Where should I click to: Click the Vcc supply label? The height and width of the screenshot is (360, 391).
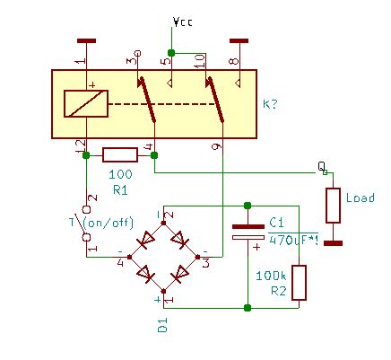(183, 22)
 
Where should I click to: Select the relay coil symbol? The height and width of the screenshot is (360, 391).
(86, 103)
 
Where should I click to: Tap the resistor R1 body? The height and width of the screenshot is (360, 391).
(120, 155)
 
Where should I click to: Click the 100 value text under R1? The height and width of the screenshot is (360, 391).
(120, 174)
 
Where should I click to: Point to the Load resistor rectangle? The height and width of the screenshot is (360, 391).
(333, 206)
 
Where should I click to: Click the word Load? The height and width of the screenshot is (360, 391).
(361, 198)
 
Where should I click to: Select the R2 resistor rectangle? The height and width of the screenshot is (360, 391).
(299, 283)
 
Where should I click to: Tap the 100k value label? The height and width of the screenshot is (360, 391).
(271, 276)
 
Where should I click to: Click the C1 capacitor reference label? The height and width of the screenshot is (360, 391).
(276, 223)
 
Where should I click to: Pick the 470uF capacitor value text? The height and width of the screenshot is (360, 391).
(293, 241)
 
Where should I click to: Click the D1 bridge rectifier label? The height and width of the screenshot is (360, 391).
(162, 325)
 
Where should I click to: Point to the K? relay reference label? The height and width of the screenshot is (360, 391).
(271, 104)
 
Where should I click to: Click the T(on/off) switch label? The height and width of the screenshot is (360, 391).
(101, 223)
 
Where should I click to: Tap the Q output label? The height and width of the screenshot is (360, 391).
(321, 167)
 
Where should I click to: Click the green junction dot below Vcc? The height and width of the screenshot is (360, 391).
(171, 53)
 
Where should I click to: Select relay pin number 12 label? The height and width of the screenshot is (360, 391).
(80, 147)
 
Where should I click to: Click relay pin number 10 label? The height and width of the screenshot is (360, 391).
(200, 61)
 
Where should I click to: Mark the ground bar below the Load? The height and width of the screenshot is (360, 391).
(333, 243)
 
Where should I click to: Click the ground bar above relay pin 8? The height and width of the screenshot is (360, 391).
(239, 41)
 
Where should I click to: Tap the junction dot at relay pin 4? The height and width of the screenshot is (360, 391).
(154, 155)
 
